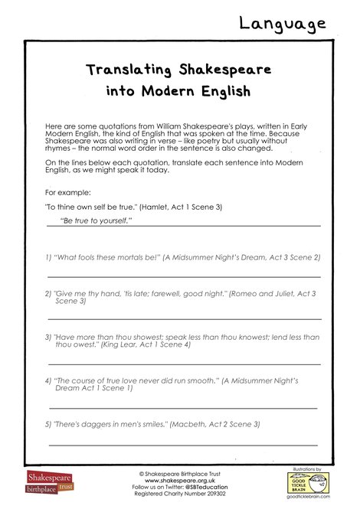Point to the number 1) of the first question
pos(47,257)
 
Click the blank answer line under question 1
pos(184,276)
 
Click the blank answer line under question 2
pos(184,318)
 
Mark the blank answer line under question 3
pos(184,364)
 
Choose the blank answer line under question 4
pos(184,408)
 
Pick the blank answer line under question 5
pos(184,444)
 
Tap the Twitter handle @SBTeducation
pos(206,487)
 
